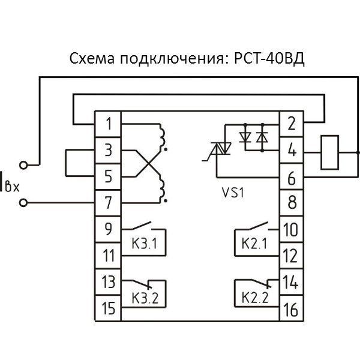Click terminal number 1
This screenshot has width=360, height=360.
click(109, 125)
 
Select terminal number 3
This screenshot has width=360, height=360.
click(109, 151)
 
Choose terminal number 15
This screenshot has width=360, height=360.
click(109, 309)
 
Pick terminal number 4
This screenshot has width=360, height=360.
click(292, 151)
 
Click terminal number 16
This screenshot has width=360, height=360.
click(290, 309)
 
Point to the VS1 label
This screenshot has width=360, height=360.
click(235, 193)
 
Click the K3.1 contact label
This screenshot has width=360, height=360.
click(143, 245)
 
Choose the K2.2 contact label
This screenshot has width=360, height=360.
click(253, 296)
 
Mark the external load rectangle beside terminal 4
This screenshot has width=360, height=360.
click(330, 152)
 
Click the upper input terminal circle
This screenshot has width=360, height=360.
click(24, 164)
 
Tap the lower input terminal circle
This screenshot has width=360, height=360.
click(24, 203)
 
